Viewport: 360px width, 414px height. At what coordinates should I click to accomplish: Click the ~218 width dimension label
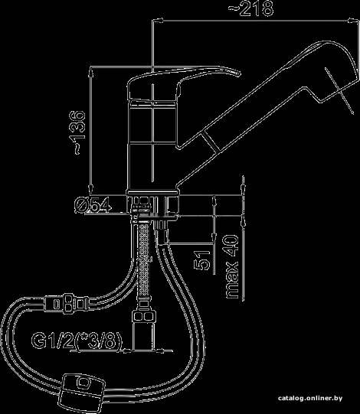tap(250, 8)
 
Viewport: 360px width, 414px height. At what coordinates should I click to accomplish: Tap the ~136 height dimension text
tap(77, 132)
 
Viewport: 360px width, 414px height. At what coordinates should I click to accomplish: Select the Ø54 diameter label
tap(93, 204)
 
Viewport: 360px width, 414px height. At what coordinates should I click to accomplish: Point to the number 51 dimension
tap(202, 260)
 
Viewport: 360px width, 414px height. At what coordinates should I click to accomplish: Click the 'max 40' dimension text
tap(232, 266)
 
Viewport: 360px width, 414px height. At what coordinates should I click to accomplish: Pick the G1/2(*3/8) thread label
tap(77, 341)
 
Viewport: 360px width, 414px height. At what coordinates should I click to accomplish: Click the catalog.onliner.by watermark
tap(310, 398)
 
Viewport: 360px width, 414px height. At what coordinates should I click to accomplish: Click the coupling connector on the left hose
tap(67, 304)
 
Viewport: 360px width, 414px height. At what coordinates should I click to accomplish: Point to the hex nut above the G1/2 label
tap(144, 316)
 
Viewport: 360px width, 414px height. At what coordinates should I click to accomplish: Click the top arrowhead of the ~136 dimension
tap(91, 72)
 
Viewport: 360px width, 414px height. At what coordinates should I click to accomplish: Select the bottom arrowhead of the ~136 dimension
tap(91, 189)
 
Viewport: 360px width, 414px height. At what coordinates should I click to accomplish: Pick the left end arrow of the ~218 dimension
tap(158, 21)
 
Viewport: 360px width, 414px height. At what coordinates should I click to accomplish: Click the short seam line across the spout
tap(211, 142)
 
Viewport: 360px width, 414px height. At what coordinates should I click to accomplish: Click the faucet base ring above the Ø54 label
tap(153, 193)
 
